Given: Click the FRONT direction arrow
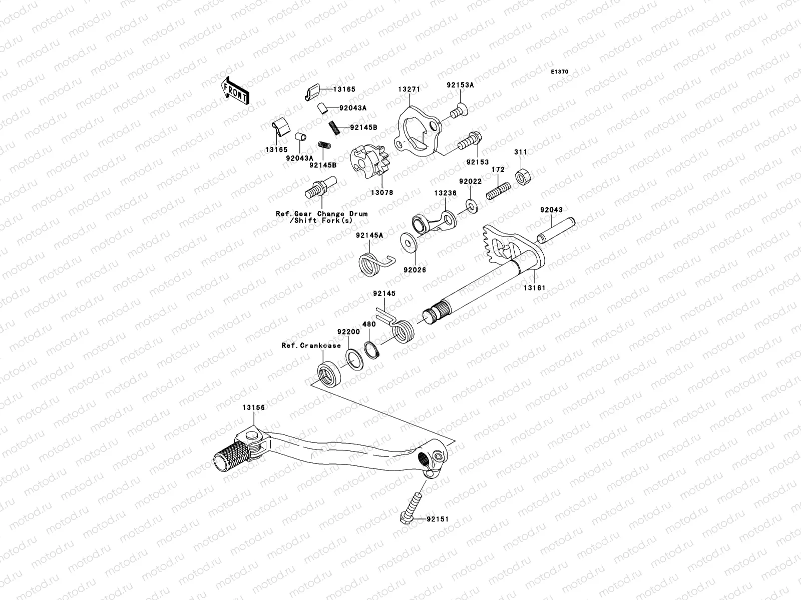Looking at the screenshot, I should (236, 90).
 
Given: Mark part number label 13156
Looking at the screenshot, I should (254, 408).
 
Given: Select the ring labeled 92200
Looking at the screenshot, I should (355, 359).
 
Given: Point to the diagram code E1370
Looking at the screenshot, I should (559, 72).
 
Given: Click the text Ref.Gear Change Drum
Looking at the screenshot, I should (321, 213).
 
